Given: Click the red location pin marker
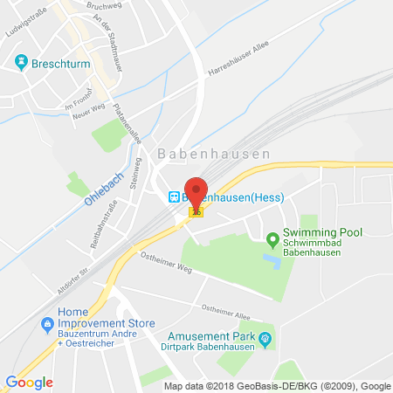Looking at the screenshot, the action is (x=196, y=190).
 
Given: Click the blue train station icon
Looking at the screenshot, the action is (x=173, y=196).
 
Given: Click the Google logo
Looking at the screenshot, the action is (x=29, y=382).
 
